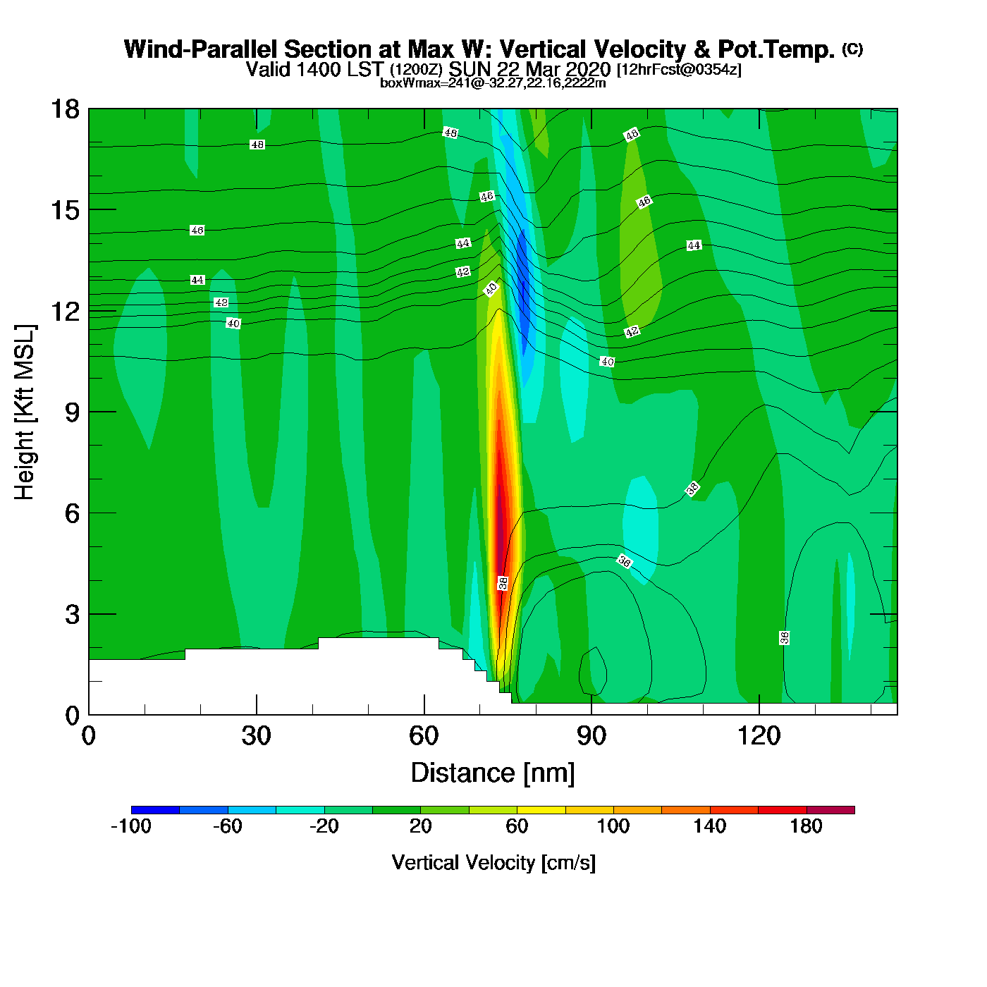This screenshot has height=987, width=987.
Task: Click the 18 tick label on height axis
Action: tap(65, 109)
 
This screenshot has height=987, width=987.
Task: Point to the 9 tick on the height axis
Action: tap(73, 412)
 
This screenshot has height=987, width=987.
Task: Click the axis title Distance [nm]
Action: tap(493, 773)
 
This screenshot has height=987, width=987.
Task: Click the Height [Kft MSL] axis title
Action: tap(25, 412)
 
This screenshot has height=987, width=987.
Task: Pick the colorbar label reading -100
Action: tap(131, 826)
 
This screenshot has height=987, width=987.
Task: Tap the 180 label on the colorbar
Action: tap(806, 826)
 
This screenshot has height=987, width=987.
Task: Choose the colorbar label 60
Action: tap(517, 826)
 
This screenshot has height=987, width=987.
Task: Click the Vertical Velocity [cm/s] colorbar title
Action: tap(493, 863)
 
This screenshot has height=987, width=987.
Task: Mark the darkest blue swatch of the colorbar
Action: tap(155, 810)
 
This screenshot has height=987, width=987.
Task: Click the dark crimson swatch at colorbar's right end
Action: tap(830, 810)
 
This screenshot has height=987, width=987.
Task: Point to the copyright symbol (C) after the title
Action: tap(852, 49)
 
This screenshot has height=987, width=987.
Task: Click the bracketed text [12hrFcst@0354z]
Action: tap(679, 70)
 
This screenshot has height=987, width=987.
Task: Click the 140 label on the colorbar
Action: tap(709, 826)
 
